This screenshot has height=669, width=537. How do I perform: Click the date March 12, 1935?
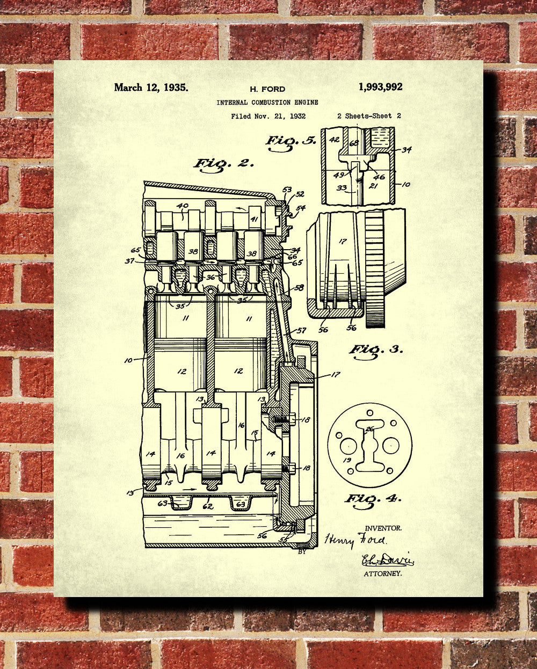pos(151,88)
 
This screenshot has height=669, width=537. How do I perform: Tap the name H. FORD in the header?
pos(267,89)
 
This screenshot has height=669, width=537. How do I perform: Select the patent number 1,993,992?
pos(380,87)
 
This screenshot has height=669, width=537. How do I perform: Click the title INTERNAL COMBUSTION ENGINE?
pos(267,102)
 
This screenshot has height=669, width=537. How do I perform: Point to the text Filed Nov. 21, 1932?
pos(268,115)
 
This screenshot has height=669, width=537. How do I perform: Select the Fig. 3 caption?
pos(376,350)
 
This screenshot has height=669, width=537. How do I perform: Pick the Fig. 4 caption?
pos(373,498)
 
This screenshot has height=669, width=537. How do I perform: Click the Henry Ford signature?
pos(355,540)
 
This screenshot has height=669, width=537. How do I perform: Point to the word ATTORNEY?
pos(383,574)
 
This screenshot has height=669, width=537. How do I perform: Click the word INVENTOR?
pos(383,528)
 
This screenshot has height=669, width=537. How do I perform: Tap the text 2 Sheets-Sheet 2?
pos(369,115)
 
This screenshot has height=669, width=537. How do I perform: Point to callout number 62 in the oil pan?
pos(208,506)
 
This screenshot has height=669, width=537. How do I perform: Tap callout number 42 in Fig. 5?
pos(335,140)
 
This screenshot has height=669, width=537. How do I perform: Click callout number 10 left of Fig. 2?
pos(129,360)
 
